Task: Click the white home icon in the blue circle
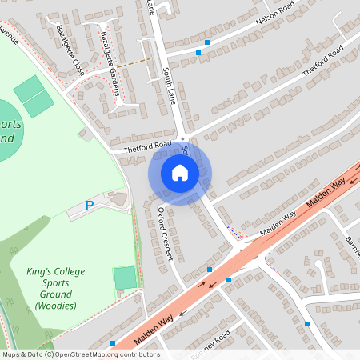[180, 173]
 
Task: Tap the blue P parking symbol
[90, 206]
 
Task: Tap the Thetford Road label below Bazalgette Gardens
[142, 146]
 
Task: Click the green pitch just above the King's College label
[125, 278]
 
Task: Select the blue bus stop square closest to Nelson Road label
[207, 42]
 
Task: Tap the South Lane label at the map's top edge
[151, 6]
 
